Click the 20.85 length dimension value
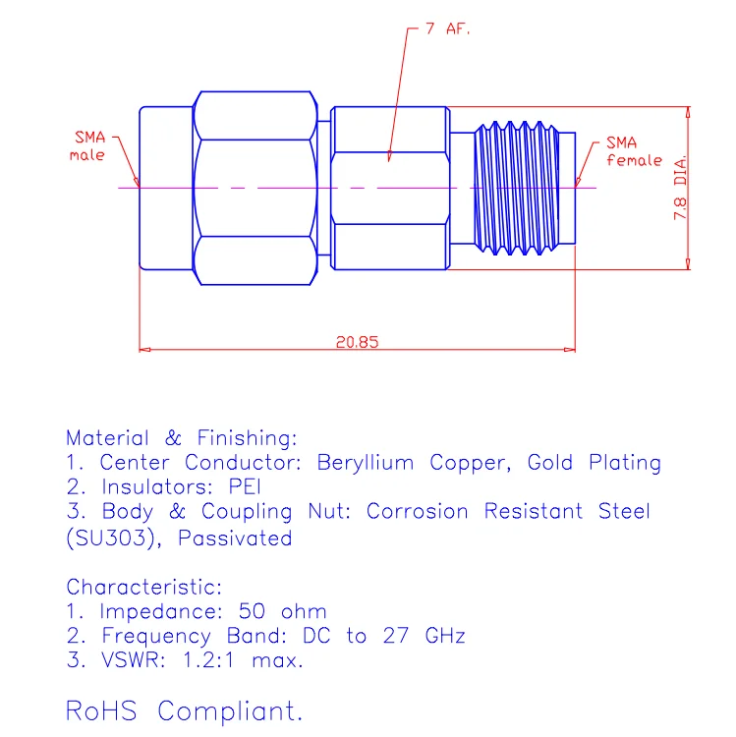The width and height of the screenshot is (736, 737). (x=357, y=343)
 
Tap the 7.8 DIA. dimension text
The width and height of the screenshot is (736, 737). (x=679, y=187)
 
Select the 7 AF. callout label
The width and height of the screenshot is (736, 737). (x=447, y=29)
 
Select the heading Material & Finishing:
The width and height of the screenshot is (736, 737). (x=181, y=437)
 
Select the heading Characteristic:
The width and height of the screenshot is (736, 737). (x=144, y=588)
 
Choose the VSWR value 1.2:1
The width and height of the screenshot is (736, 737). (x=208, y=661)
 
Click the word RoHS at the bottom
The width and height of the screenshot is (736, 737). (x=104, y=709)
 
